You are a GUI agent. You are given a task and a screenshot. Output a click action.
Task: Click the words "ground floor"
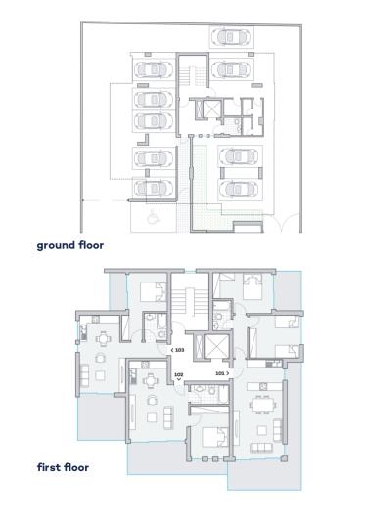pyautogui.click(x=70, y=245)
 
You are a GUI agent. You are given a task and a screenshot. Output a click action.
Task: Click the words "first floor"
pyautogui.click(x=63, y=467)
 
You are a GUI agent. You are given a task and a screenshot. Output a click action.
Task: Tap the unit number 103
pyautogui.click(x=179, y=349)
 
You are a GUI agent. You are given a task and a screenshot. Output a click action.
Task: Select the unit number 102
pyautogui.click(x=178, y=373)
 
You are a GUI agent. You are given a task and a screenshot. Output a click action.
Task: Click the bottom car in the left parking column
pyautogui.click(x=153, y=187)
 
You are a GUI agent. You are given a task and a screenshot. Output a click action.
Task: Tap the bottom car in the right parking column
pyautogui.click(x=240, y=187)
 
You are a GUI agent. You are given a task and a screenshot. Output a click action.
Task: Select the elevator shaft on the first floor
pyautogui.click(x=209, y=348)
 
